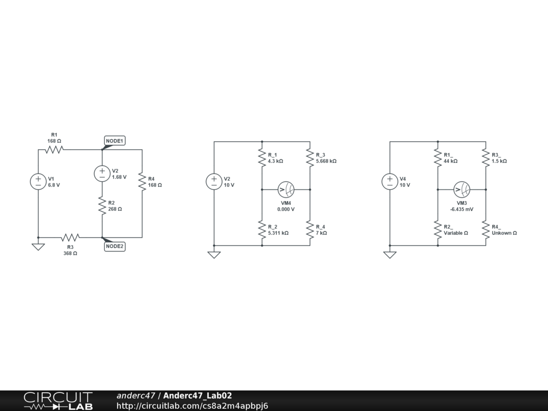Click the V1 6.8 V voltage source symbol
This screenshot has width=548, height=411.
tap(38, 181)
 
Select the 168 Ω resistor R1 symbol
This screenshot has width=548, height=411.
tap(54, 150)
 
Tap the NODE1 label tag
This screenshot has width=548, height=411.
tap(115, 141)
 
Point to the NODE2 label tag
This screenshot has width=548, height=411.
tap(115, 246)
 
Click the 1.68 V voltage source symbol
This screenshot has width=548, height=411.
tap(102, 173)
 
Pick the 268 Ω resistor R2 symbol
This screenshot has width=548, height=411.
tap(102, 206)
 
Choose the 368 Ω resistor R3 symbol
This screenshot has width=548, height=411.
tap(70, 237)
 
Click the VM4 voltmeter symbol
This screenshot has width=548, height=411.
tap(286, 189)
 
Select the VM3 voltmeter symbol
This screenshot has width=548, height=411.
tap(462, 189)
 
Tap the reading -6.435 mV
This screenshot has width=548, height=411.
tap(461, 209)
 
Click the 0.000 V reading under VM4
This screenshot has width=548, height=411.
tap(286, 209)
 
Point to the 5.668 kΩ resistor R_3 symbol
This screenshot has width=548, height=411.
tap(310, 157)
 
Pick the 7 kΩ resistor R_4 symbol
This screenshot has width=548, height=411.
tap(310, 230)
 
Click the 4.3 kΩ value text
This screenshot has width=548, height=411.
tap(275, 161)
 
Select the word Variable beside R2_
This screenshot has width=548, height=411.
tap(453, 233)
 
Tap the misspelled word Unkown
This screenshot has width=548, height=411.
tap(501, 233)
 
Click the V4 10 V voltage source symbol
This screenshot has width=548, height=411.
tap(390, 181)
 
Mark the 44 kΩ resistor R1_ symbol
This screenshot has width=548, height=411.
tap(438, 157)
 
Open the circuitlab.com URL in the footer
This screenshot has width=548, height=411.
tap(192, 406)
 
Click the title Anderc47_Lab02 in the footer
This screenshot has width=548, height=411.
tap(197, 395)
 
